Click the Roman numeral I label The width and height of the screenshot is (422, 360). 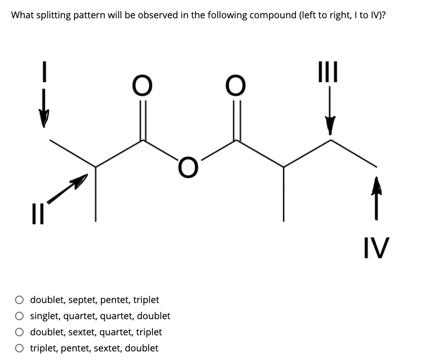pos(45,71)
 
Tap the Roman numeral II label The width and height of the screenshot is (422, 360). pos(38,214)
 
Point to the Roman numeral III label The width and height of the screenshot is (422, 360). pos(328,71)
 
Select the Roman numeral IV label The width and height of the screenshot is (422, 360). pos(376,248)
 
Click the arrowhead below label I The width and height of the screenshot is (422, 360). pos(43,118)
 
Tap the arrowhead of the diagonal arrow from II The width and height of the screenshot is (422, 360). pos(80,181)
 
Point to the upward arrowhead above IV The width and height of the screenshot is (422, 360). pos(376,185)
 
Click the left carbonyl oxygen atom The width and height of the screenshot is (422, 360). pos(142,85)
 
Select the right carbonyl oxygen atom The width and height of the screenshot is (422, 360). pos(236,85)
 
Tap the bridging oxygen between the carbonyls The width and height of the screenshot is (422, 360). pos(188,167)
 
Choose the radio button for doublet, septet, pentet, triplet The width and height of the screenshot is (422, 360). pos(19,300)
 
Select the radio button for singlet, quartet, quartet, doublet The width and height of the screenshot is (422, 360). pos(19,316)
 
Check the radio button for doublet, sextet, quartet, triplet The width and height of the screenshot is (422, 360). pos(19,332)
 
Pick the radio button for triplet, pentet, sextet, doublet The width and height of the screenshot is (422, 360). pos(19,348)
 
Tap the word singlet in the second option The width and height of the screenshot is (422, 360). pos(45,316)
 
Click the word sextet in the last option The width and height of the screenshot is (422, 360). pos(108,348)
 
